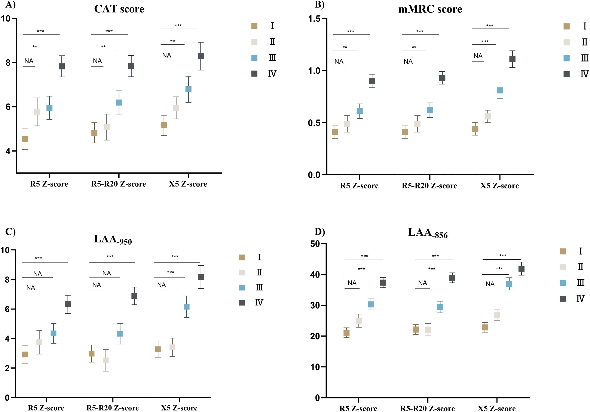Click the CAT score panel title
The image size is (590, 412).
pos(119,9)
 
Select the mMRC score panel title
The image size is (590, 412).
pos(430,9)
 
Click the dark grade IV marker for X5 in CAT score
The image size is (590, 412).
pos(201,56)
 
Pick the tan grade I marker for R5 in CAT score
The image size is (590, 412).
pos(25,139)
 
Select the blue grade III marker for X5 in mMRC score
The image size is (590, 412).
pos(500,90)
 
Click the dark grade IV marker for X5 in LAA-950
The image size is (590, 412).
pos(201,277)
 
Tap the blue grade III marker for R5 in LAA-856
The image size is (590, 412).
pos(371,304)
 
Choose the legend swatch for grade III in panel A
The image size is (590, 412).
pos(254,58)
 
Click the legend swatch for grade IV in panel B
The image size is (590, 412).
pos(566,74)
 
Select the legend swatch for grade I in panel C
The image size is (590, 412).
pos(242,257)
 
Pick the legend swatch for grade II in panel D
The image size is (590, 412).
pos(563,267)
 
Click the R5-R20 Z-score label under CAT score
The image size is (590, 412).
pos(119,184)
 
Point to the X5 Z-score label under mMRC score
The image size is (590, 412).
pos(499,186)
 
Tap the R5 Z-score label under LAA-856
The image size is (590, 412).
pos(358,408)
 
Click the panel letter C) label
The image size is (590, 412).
pos(10,232)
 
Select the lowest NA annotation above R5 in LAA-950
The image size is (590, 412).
pos(31,287)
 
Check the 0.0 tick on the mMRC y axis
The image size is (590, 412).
pos(314,175)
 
